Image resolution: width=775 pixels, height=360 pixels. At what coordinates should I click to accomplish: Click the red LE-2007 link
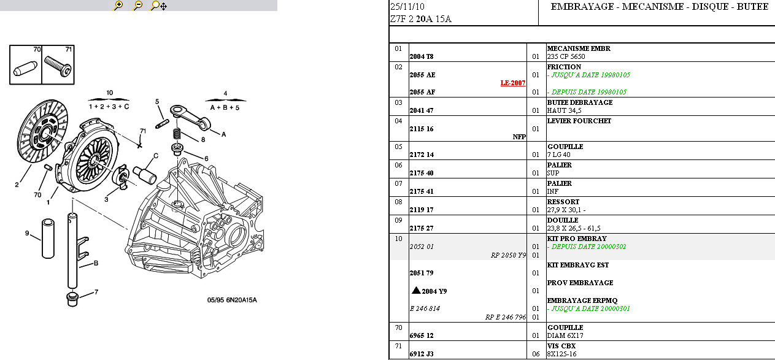click(x=513, y=83)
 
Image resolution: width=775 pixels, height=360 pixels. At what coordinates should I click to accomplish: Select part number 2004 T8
click(x=422, y=56)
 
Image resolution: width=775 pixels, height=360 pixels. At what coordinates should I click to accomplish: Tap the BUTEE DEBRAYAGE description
click(x=579, y=102)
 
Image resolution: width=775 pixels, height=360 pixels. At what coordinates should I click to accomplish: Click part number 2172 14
click(x=422, y=155)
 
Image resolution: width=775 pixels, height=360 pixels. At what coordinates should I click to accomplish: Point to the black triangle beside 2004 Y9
click(x=416, y=291)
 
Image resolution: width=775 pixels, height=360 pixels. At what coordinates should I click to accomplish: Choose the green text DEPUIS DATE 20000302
click(x=588, y=247)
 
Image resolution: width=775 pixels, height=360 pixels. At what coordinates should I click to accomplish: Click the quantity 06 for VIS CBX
click(x=536, y=354)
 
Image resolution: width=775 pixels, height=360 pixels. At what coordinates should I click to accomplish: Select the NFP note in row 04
click(x=519, y=137)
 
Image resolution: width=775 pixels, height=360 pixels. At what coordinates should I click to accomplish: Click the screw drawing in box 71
click(x=58, y=66)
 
